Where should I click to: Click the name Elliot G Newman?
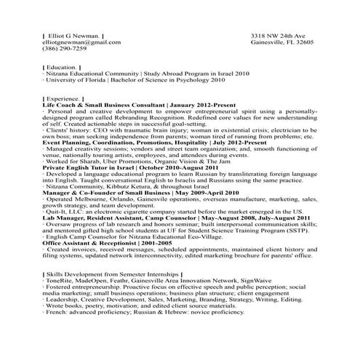pos(73,35)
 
